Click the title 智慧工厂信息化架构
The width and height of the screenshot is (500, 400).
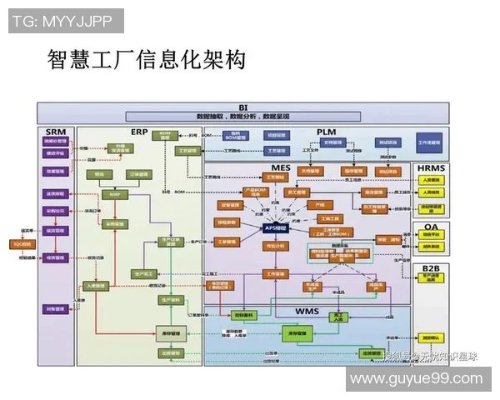(x=147, y=61)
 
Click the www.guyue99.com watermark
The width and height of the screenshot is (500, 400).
(x=416, y=378)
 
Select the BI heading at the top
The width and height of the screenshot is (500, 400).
(x=243, y=107)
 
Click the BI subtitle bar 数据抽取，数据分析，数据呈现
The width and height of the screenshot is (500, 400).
(x=243, y=117)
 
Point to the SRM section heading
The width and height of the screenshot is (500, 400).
(x=56, y=132)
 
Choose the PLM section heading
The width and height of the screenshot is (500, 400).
(x=326, y=132)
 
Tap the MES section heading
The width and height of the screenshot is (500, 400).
(x=281, y=168)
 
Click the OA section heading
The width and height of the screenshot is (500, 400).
(x=431, y=226)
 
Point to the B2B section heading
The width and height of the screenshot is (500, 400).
(x=431, y=267)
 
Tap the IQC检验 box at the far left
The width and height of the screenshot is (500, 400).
(x=22, y=244)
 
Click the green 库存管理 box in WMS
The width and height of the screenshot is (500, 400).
(x=297, y=333)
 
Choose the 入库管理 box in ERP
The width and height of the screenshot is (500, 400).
(x=99, y=285)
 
